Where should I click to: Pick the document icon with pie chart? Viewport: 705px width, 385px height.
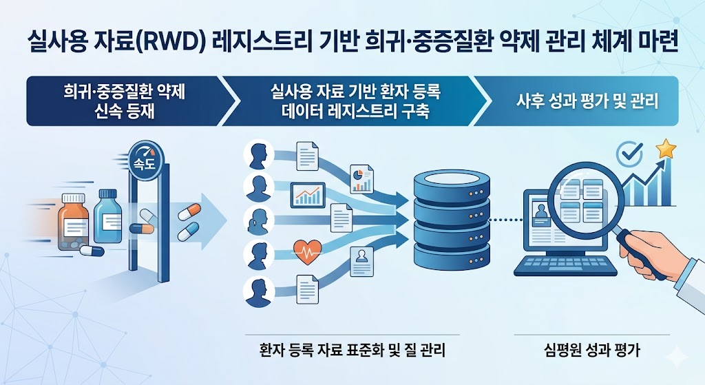tap(361, 178)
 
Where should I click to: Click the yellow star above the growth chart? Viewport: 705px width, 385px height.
tap(666, 148)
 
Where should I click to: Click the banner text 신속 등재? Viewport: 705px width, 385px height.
tap(124, 112)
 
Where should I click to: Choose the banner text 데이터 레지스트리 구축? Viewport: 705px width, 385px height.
tap(355, 112)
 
